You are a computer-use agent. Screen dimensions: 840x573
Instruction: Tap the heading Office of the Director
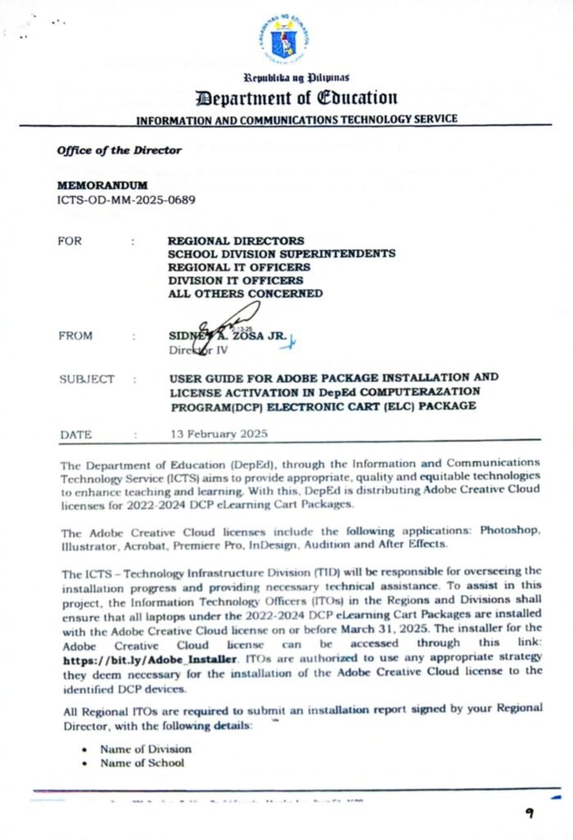click(x=119, y=150)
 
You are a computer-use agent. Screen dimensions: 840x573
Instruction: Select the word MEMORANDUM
click(x=102, y=185)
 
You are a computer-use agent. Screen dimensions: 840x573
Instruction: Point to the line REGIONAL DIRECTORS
click(x=236, y=241)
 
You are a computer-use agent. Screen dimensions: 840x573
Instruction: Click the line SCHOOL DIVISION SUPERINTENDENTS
click(x=281, y=254)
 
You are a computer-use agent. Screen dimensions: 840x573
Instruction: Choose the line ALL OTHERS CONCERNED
click(x=245, y=294)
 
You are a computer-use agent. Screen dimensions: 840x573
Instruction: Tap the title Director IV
click(x=198, y=350)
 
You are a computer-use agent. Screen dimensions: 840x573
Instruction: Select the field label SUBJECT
click(x=87, y=379)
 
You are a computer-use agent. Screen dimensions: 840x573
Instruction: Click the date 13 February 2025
click(x=219, y=434)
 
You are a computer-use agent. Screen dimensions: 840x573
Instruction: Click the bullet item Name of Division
click(x=146, y=749)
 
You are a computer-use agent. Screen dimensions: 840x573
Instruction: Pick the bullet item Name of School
click(x=142, y=763)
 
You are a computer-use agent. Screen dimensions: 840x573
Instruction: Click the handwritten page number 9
click(x=531, y=813)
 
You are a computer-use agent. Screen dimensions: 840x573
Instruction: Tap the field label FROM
click(x=76, y=336)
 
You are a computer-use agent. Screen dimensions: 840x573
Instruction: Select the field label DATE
click(x=76, y=435)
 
